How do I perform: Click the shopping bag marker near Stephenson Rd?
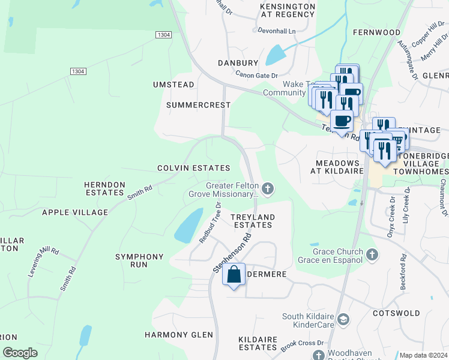click(x=234, y=275)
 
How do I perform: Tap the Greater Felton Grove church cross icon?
click(x=268, y=190)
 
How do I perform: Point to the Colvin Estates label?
click(x=194, y=168)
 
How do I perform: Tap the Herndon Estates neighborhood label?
click(x=104, y=189)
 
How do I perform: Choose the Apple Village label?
click(x=75, y=212)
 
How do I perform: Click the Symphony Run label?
click(x=139, y=260)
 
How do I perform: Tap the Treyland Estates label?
click(x=253, y=221)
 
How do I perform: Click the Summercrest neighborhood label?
click(x=198, y=105)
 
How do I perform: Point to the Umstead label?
click(x=173, y=85)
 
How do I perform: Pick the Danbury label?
click(x=238, y=62)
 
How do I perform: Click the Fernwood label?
click(x=376, y=32)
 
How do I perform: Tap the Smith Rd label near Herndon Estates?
click(x=139, y=191)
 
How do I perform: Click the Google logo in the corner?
click(x=20, y=353)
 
